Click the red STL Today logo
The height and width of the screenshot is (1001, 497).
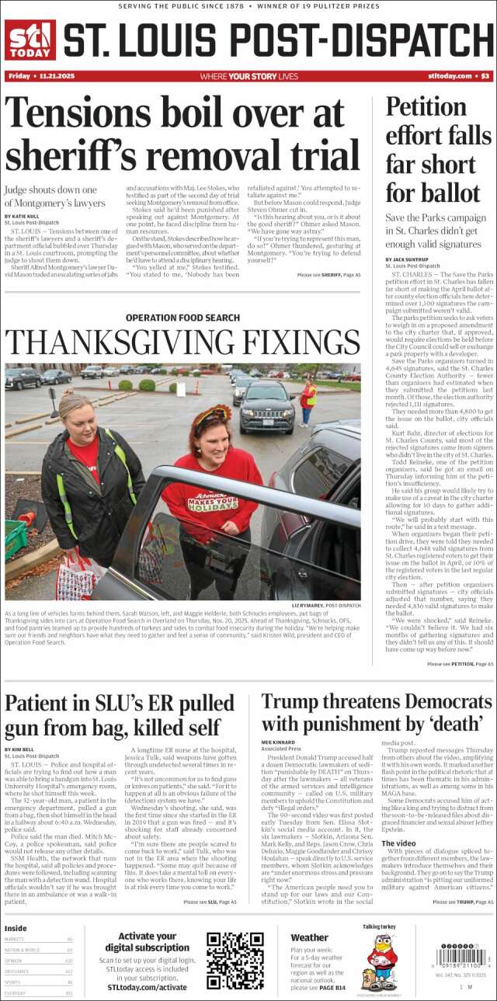(30, 40)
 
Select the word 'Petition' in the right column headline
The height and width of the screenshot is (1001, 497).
(426, 106)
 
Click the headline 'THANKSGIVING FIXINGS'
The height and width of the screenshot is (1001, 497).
(182, 342)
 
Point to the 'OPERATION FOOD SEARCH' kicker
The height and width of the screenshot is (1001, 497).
(182, 318)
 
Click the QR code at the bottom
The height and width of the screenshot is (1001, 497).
(235, 961)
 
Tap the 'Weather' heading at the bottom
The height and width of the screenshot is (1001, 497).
(309, 937)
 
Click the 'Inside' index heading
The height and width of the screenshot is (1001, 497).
(16, 928)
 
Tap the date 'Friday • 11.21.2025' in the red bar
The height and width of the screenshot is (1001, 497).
(35, 76)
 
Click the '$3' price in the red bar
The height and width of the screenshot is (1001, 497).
(485, 76)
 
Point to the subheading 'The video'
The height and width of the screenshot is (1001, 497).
(398, 843)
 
